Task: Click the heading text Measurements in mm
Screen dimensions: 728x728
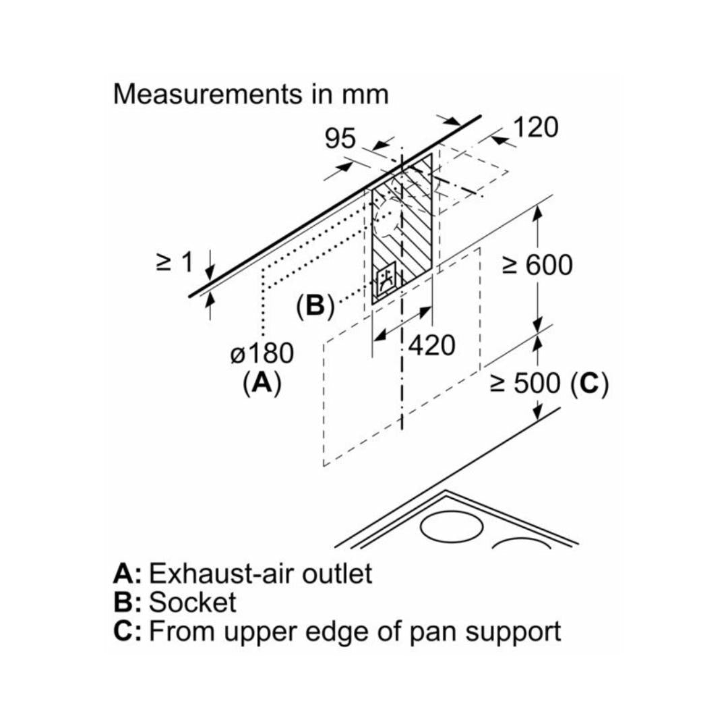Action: click(251, 94)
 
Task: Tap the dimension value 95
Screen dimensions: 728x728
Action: click(340, 139)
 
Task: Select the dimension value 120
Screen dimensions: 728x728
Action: click(536, 127)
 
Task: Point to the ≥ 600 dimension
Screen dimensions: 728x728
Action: click(537, 266)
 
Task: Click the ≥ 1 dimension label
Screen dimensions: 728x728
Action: click(174, 262)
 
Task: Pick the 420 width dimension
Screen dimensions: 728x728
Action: click(431, 346)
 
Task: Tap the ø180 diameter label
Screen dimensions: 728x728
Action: click(262, 354)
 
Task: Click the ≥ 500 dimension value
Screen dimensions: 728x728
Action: click(525, 384)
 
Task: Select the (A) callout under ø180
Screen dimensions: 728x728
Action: click(262, 383)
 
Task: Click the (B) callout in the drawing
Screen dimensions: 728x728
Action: click(315, 307)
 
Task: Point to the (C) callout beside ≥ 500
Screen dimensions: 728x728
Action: click(589, 384)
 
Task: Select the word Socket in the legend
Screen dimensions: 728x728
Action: click(192, 603)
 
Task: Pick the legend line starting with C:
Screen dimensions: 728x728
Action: click(337, 632)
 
